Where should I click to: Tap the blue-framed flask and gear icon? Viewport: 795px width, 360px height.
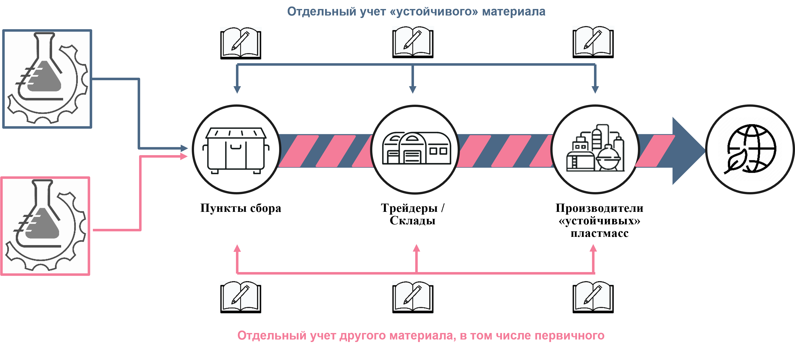coord(47,79)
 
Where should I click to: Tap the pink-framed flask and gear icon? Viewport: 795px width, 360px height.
coord(45,226)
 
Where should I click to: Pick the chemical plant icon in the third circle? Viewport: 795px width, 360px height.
coord(595,148)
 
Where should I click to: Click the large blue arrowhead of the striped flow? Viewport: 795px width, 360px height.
coord(686,151)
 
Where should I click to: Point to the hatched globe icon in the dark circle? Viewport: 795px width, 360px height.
coord(750,149)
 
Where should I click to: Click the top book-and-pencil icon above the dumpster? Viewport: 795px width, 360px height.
coord(241,43)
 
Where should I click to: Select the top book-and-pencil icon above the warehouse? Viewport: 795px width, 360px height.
coord(413,42)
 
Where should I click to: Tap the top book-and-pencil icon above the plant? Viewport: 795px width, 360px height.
coord(593,42)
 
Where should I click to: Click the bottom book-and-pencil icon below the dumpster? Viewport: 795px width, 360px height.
coord(241,297)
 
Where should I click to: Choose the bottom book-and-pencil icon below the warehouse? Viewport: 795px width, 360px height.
coord(413,297)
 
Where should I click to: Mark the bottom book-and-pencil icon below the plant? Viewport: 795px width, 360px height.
coord(593,297)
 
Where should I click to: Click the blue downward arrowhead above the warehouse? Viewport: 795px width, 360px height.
coord(413,89)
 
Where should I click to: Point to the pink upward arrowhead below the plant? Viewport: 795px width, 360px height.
coord(593,248)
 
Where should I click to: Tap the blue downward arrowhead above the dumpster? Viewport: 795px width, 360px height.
coord(237,89)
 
